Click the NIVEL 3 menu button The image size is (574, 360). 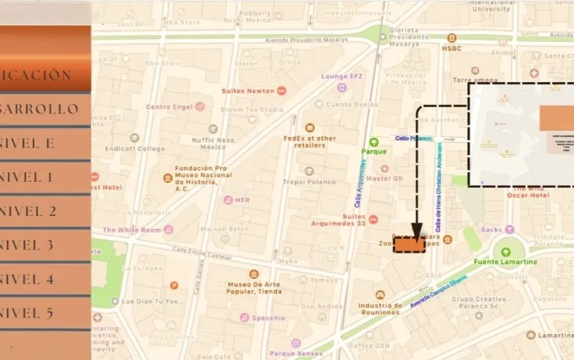[x=45, y=245]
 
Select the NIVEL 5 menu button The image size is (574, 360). [x=45, y=313]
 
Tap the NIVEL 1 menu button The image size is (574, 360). [x=45, y=177]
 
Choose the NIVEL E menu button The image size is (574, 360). [x=45, y=143]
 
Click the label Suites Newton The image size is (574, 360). [x=247, y=91]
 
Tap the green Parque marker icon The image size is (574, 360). [x=374, y=141]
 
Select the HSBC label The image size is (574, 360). [x=452, y=48]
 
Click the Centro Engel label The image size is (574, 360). [x=169, y=107]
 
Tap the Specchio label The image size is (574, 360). [x=268, y=318]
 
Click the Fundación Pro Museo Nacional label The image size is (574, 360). [x=203, y=177]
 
